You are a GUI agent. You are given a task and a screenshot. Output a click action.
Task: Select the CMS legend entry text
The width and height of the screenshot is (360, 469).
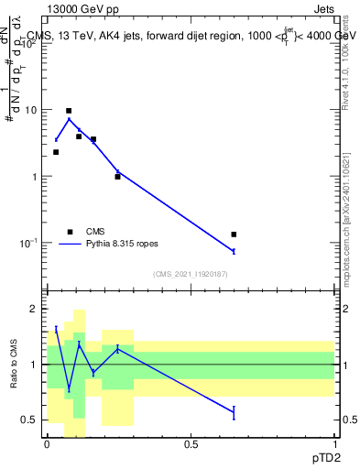(x=96, y=232)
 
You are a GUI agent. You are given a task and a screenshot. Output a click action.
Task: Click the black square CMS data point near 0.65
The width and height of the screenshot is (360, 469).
(x=234, y=234)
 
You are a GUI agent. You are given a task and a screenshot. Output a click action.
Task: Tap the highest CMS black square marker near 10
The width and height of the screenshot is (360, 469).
(x=69, y=111)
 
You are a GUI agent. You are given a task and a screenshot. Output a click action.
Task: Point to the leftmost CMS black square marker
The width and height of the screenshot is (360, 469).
(x=56, y=152)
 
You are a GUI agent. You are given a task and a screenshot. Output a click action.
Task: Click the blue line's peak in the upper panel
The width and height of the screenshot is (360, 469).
(x=69, y=119)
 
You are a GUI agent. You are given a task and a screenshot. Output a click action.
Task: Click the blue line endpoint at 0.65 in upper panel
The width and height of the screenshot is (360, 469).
(x=234, y=251)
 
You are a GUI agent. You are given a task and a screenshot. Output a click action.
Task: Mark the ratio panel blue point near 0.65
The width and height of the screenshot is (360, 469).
(x=234, y=413)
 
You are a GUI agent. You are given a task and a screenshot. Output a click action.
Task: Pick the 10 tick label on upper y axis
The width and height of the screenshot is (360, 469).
(x=31, y=110)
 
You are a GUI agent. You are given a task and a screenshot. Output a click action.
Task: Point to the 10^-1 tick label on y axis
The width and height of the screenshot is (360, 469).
(x=29, y=243)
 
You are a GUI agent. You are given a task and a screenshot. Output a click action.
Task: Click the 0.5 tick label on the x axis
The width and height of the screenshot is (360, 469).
(x=191, y=443)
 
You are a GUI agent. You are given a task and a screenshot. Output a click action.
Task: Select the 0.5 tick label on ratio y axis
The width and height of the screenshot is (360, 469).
(x=31, y=420)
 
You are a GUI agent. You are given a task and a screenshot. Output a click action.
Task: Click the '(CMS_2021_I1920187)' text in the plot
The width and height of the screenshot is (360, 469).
(x=191, y=274)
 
